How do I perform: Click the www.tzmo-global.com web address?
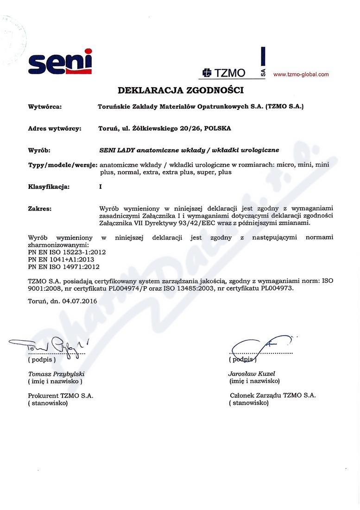(x=301, y=74)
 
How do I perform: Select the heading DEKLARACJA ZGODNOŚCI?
(x=180, y=89)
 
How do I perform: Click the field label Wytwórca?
(x=45, y=107)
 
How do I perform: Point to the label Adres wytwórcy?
(x=55, y=128)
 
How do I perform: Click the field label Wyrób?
(x=39, y=150)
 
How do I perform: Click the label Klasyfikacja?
(x=49, y=187)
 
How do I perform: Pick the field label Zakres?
(x=40, y=209)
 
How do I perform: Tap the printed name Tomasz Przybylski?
(x=57, y=374)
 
